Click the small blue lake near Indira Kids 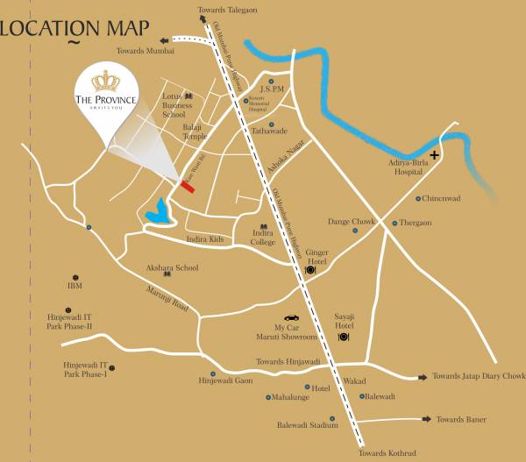point(159,212)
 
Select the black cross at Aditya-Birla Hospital point(434,153)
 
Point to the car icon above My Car point(291,318)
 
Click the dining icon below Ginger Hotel point(310,271)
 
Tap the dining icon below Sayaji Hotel point(344,337)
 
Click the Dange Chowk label point(351,222)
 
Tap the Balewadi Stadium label point(307,426)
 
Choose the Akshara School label point(174,267)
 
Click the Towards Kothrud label point(385,452)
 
